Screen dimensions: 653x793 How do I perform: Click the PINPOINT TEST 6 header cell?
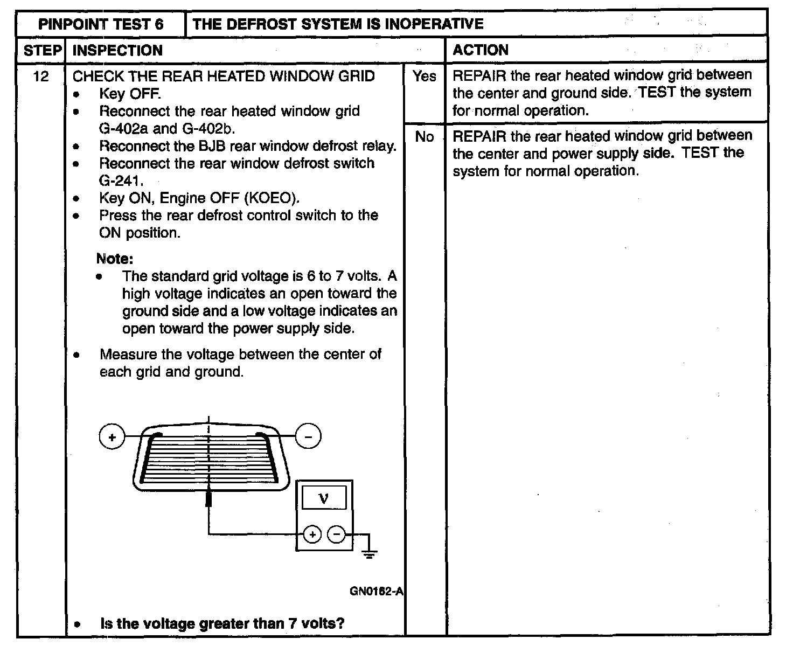[x=101, y=24]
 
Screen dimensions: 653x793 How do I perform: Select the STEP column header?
[x=41, y=51]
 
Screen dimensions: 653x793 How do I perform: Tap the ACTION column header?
[x=480, y=51]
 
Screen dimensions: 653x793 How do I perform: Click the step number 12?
[x=41, y=77]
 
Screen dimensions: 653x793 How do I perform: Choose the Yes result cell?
[x=425, y=77]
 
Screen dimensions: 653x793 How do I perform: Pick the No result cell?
[x=425, y=137]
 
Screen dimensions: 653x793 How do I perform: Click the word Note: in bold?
[x=114, y=259]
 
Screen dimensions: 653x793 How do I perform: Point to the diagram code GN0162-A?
[x=376, y=591]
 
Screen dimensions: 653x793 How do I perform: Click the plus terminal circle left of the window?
[x=112, y=437]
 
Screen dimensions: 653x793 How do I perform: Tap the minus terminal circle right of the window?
[x=308, y=437]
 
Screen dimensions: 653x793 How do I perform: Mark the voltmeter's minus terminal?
[x=336, y=534]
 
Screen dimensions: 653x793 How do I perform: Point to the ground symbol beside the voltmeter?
[x=369, y=552]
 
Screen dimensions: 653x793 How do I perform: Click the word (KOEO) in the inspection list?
[x=272, y=198]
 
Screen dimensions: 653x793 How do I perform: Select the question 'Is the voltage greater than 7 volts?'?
[x=222, y=624]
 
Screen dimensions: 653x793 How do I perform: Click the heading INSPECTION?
[x=117, y=51]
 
